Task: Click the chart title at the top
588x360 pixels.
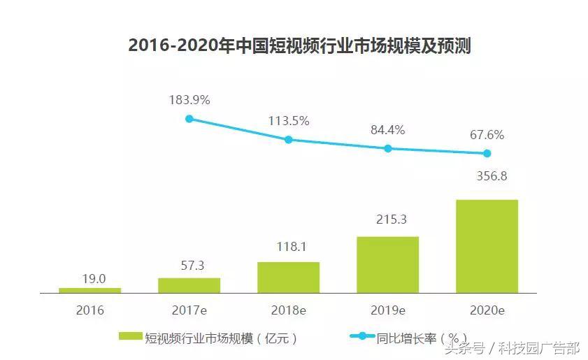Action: click(299, 46)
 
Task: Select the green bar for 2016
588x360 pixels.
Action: click(89, 290)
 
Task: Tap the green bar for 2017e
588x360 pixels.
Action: click(189, 285)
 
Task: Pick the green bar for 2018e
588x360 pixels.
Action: click(288, 278)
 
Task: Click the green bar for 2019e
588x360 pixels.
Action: click(387, 264)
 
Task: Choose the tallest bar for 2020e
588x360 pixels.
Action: click(487, 246)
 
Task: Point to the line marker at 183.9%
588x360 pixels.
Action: click(189, 119)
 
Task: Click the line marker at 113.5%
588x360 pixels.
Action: click(288, 140)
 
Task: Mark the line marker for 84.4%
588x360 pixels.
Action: click(387, 148)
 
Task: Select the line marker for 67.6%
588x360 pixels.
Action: click(487, 153)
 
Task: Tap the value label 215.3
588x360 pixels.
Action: click(387, 220)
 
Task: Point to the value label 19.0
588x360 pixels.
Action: click(93, 278)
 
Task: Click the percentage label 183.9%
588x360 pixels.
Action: click(189, 100)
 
